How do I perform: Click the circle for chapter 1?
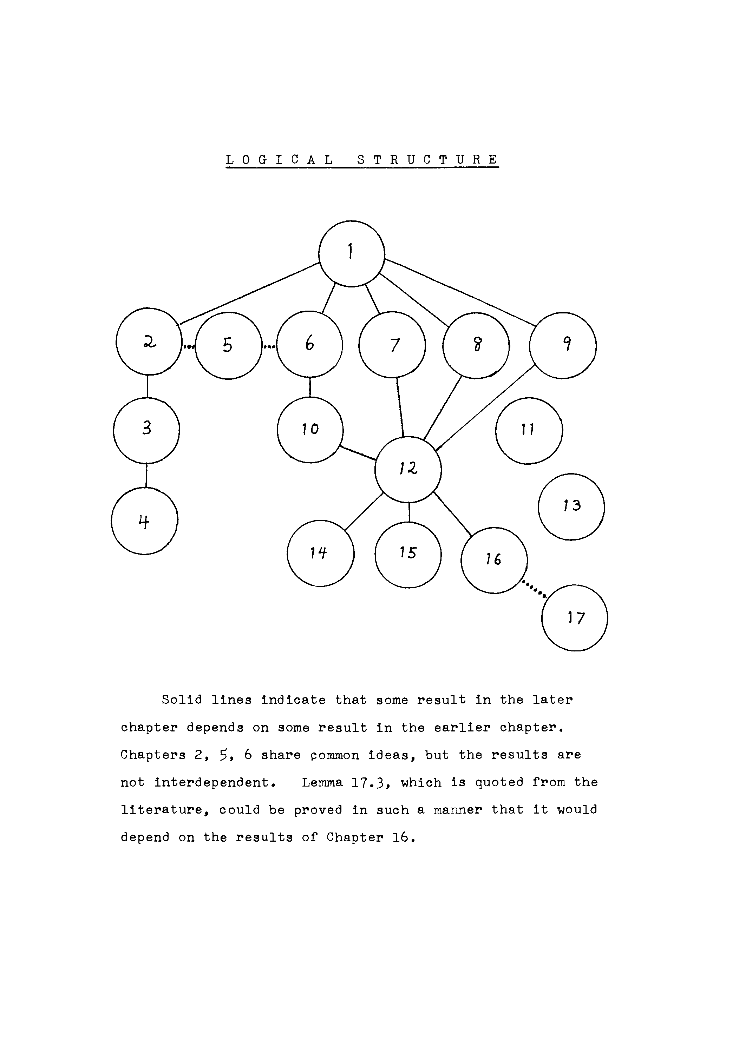[x=351, y=253]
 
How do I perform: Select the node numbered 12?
[x=408, y=470]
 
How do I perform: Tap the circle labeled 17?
[x=574, y=618]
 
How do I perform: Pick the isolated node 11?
[x=529, y=431]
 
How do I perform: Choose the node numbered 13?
[x=571, y=507]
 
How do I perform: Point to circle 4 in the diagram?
[x=144, y=521]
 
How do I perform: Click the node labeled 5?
[x=228, y=346]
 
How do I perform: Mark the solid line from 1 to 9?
[x=459, y=292]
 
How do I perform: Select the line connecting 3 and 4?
[x=146, y=476]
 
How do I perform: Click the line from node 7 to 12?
[x=400, y=407]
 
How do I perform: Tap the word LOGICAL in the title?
[x=280, y=160]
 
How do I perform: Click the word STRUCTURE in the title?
[x=427, y=160]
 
